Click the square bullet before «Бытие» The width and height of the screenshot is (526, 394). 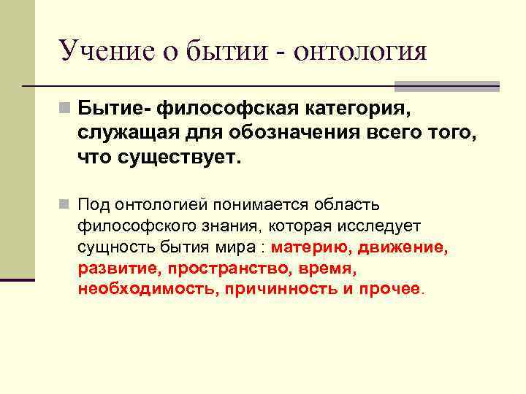(x=66, y=109)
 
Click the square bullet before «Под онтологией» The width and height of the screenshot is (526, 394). (x=66, y=201)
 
